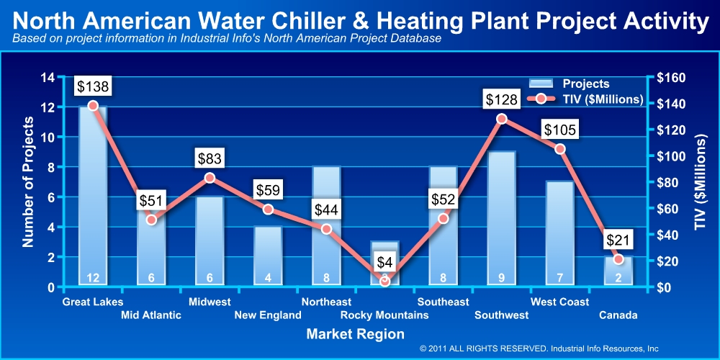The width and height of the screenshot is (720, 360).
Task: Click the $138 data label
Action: tap(93, 87)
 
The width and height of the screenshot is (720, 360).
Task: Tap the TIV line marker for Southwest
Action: tap(502, 119)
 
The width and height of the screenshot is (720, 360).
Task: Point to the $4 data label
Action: tap(384, 256)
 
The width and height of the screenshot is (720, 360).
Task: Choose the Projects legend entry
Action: tap(569, 84)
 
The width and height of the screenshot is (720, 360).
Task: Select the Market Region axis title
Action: tap(355, 334)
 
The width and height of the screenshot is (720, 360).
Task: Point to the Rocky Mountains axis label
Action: tap(384, 315)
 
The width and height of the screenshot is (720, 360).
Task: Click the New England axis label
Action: tap(268, 315)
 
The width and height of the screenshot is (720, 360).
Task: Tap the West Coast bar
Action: tap(559, 230)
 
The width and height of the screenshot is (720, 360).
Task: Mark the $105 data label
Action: tap(559, 130)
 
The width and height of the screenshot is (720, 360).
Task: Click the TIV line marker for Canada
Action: tap(618, 259)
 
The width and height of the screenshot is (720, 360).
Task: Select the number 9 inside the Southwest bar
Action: tap(501, 278)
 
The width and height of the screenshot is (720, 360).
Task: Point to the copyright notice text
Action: tap(539, 348)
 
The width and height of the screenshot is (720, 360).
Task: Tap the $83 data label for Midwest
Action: tap(210, 158)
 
